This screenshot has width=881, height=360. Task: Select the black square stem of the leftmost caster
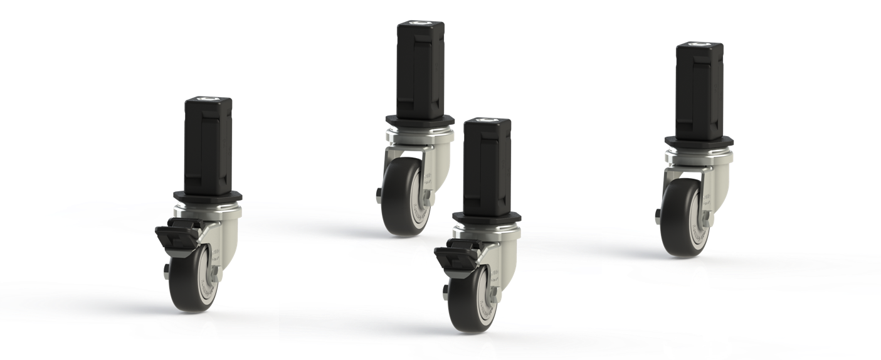click(x=208, y=144)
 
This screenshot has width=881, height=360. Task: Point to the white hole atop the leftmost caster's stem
click(x=208, y=99)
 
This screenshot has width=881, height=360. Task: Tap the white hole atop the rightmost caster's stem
click(x=699, y=45)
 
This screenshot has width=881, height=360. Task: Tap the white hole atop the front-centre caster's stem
click(x=487, y=120)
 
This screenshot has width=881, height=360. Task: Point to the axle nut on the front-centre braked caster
click(x=445, y=292)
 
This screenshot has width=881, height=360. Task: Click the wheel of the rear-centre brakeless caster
click(x=403, y=198)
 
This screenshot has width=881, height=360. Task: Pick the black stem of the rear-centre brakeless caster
click(x=419, y=69)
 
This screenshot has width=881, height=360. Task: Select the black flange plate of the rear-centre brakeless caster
click(x=419, y=121)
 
